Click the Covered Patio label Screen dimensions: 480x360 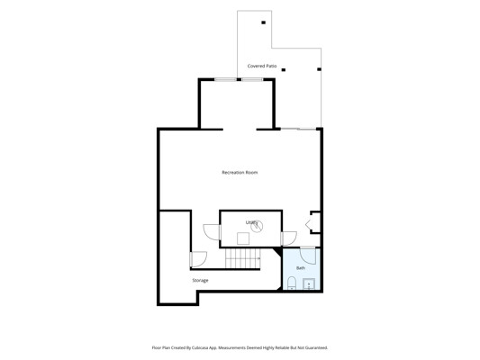point(262,66)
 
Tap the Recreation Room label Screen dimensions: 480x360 point(240,173)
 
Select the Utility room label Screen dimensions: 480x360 point(251,222)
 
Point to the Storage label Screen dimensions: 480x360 point(200,280)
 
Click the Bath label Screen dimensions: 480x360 point(301,268)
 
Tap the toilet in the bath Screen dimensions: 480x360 point(292,283)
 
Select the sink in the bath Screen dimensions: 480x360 point(309,284)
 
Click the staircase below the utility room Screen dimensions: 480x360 point(242,258)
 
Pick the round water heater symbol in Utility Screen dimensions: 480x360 point(257,226)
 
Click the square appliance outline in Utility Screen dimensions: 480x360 point(243,238)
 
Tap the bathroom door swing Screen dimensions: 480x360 point(308,256)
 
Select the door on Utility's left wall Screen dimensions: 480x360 point(212,232)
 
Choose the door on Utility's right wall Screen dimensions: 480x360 point(289,238)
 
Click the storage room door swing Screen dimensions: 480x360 point(198,259)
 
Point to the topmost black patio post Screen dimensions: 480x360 point(263,22)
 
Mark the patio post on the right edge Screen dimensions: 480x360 point(319,69)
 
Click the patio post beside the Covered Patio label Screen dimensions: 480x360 point(284,70)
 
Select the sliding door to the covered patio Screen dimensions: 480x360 point(298,129)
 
